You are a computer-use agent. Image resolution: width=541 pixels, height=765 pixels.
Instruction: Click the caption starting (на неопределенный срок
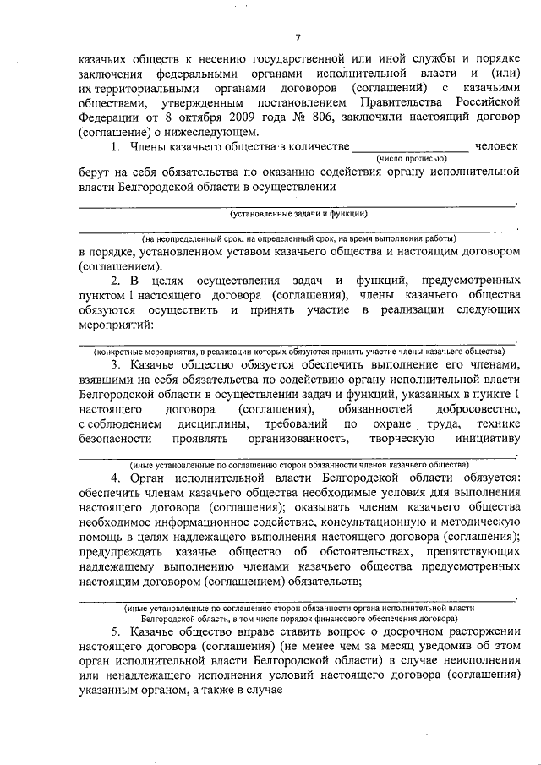(298, 239)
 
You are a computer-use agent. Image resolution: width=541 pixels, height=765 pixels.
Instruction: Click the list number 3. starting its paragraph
(117, 363)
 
